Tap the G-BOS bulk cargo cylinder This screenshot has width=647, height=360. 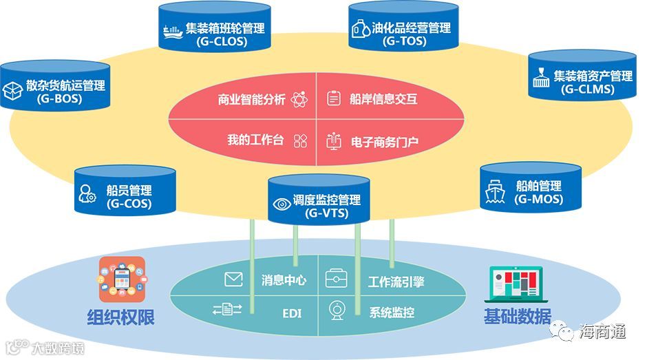pyautogui.click(x=55, y=88)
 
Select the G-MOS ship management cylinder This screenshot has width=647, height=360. pyautogui.click(x=529, y=191)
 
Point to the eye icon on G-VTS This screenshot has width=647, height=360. pyautogui.click(x=282, y=204)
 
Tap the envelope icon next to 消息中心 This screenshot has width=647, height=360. pyautogui.click(x=234, y=279)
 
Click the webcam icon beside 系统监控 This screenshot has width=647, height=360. pyautogui.click(x=337, y=309)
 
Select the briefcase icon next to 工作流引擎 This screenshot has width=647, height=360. pyautogui.click(x=337, y=279)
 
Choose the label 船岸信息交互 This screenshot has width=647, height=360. pyautogui.click(x=383, y=99)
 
